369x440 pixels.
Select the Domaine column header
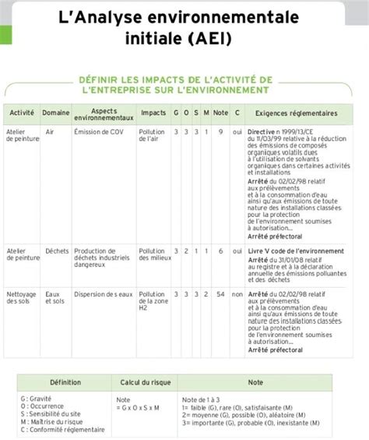pyautogui.click(x=55, y=113)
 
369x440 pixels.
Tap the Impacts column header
pyautogui.click(x=153, y=113)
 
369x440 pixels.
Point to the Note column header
pyautogui.click(x=220, y=113)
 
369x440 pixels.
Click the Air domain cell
pyautogui.click(x=50, y=132)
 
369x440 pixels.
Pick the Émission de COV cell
pyautogui.click(x=96, y=132)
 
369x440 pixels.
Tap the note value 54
pyautogui.click(x=221, y=294)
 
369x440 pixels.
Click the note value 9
pyautogui.click(x=221, y=132)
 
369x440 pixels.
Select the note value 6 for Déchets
pyautogui.click(x=221, y=250)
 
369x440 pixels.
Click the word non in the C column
pyautogui.click(x=237, y=294)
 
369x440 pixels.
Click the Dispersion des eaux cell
pyautogui.click(x=103, y=294)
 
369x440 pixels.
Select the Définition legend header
pyautogui.click(x=65, y=383)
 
